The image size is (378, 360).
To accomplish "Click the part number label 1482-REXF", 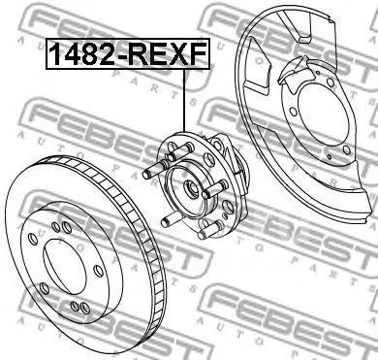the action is point(128,54).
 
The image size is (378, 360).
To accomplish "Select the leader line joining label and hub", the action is point(184,100).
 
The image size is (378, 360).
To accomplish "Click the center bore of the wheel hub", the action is point(191,189).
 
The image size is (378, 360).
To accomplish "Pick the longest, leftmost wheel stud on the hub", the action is point(154,170).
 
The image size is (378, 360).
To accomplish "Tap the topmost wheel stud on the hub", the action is point(179,151).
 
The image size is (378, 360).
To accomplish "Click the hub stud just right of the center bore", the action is point(215,189).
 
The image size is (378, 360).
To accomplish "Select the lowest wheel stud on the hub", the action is point(211,229).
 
